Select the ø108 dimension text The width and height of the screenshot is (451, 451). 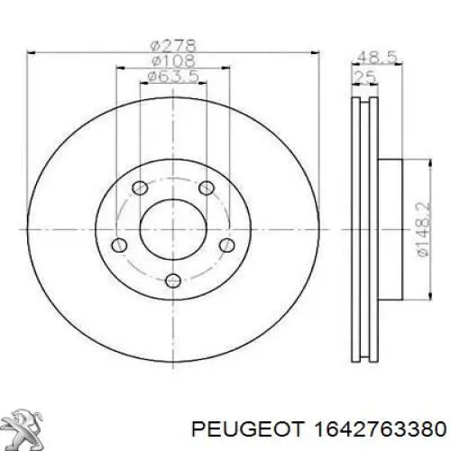(172, 60)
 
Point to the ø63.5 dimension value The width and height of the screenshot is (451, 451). (172, 78)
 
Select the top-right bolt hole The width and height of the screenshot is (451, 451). (206, 188)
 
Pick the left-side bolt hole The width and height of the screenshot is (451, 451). (117, 244)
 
